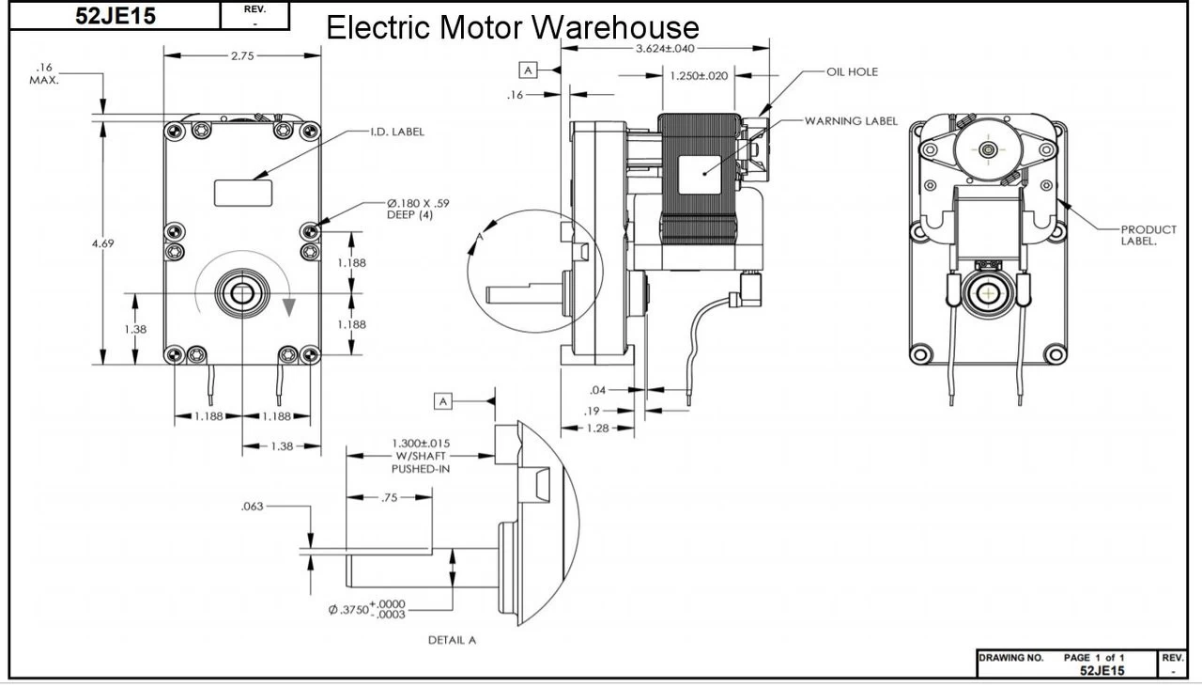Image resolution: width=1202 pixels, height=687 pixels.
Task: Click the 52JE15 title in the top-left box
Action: point(116,16)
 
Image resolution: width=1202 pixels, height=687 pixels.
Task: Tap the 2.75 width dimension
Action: point(241,56)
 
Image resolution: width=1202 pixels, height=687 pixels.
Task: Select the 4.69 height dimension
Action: point(102,243)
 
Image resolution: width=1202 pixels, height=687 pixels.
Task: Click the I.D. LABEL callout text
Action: point(396,132)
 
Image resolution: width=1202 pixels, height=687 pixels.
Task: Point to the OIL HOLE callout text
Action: point(852,71)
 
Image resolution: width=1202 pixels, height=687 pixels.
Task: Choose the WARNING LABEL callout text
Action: point(850,121)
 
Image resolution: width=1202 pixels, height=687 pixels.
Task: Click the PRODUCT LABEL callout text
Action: point(1148,235)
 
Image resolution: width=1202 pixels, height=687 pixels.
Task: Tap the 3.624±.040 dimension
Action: point(665,48)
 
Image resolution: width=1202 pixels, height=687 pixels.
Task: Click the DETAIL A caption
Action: point(452,640)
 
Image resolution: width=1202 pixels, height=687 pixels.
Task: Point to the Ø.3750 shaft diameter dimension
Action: point(367,609)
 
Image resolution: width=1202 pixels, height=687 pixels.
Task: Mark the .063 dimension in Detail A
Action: point(253,507)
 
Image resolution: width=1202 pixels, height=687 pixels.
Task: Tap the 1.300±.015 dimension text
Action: point(420,443)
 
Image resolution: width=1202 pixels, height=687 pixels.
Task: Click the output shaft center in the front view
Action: point(242,293)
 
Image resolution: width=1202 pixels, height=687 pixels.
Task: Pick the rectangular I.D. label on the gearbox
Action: point(243,193)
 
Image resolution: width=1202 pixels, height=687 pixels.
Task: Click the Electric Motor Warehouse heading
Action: point(512,27)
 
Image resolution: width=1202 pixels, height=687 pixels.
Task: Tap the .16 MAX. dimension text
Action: point(45,74)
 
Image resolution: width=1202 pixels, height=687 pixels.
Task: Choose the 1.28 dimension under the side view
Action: point(597,429)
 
